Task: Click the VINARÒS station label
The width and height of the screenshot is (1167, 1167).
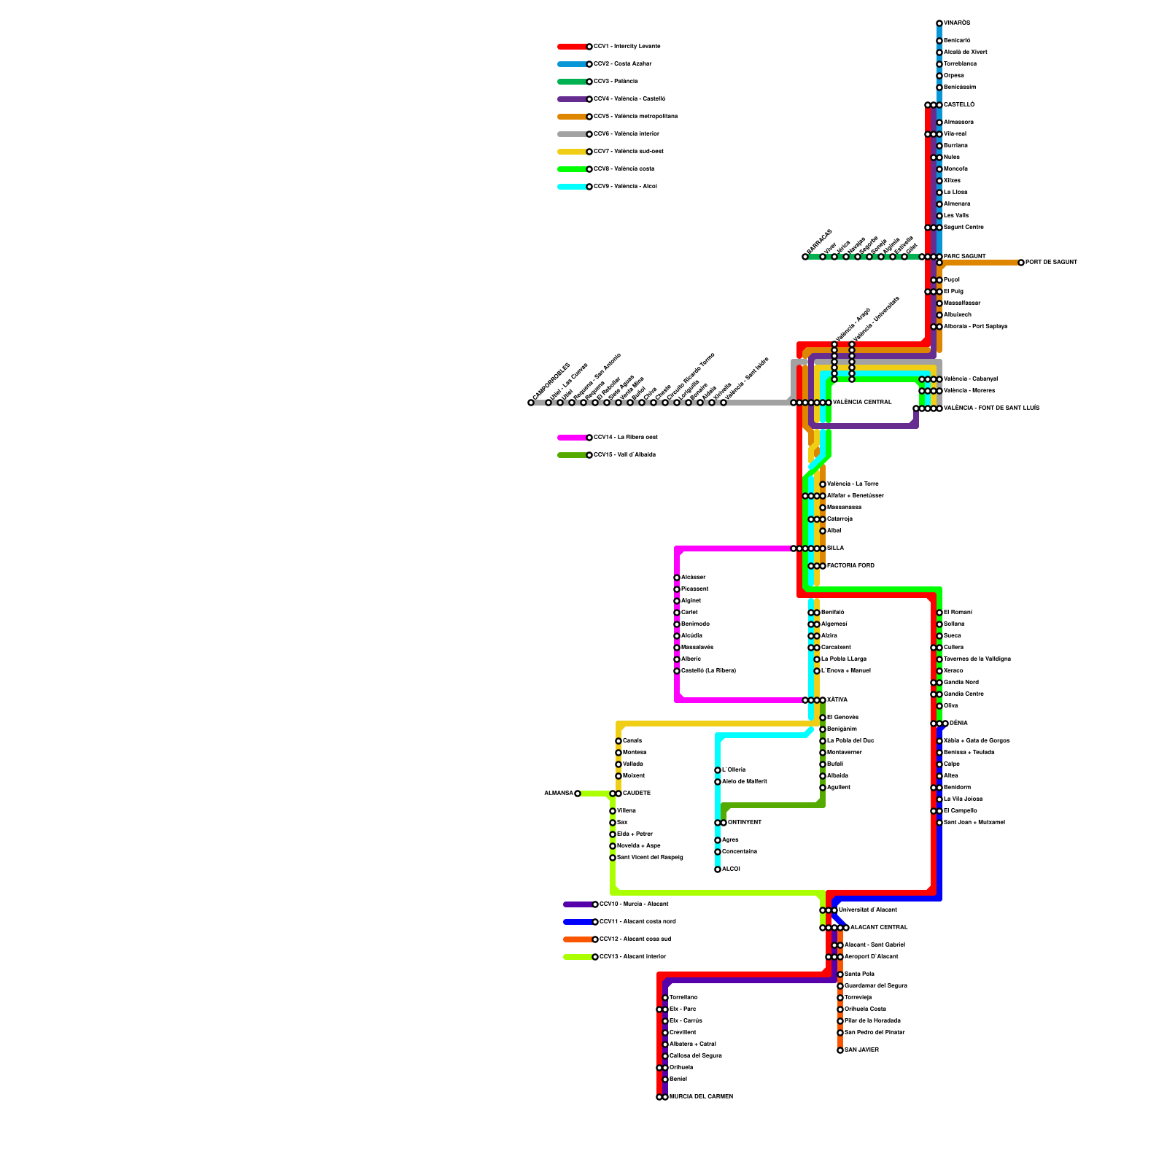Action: click(x=957, y=23)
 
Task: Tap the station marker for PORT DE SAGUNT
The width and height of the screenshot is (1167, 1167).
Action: click(x=1021, y=263)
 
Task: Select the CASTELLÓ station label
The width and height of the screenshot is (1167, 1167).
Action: click(x=959, y=105)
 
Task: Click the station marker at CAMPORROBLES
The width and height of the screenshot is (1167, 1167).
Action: click(x=531, y=403)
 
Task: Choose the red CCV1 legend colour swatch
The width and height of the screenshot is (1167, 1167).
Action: click(x=573, y=47)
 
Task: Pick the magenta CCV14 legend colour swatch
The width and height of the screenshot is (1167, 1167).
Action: click(x=573, y=438)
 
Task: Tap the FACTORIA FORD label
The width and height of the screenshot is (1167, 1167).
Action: click(x=850, y=566)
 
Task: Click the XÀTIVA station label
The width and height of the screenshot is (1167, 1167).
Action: click(x=837, y=700)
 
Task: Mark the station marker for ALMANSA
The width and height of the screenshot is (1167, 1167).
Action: click(x=578, y=794)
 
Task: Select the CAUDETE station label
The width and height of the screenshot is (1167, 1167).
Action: click(x=637, y=794)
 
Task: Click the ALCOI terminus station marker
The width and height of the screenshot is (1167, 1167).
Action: click(x=718, y=869)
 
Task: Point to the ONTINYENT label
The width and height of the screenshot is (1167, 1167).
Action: click(x=745, y=823)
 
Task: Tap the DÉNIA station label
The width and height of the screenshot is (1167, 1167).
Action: click(x=958, y=724)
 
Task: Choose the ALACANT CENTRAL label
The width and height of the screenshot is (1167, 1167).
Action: click(x=879, y=928)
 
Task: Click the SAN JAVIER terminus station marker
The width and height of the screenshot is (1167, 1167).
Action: click(x=840, y=1050)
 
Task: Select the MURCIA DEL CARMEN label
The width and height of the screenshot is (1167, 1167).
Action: click(x=701, y=1097)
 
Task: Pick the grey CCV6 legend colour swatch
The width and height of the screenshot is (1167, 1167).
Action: click(x=573, y=134)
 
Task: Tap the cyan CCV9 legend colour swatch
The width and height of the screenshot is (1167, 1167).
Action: click(x=573, y=187)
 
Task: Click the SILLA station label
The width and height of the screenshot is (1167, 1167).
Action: click(x=835, y=548)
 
